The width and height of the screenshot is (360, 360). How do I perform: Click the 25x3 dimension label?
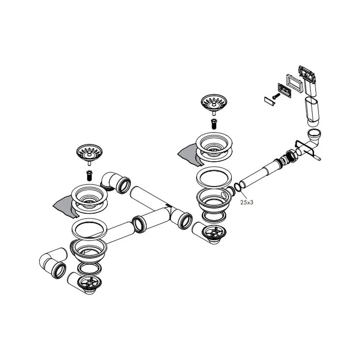click(x=247, y=202)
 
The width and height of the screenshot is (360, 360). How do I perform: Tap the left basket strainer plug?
click(x=89, y=153)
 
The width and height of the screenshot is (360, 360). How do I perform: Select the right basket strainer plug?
click(x=214, y=103)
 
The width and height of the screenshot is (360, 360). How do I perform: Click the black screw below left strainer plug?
click(x=89, y=176)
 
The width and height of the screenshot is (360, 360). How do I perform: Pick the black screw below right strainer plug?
click(x=214, y=124)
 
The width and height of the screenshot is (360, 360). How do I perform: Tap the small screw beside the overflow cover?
click(x=276, y=96)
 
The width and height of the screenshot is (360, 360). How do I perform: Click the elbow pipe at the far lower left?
click(x=53, y=262)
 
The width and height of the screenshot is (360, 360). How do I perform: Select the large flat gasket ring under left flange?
click(x=89, y=229)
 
